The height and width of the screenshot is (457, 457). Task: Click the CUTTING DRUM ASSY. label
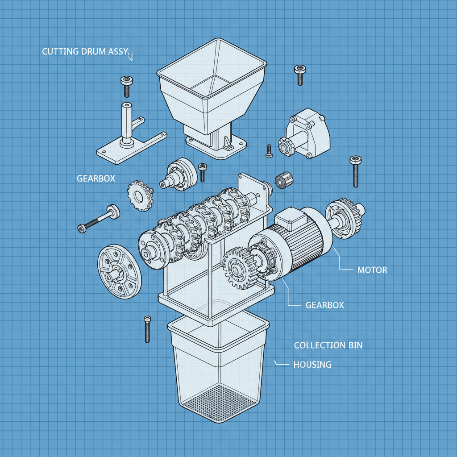[86, 52]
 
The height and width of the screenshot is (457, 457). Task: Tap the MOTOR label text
[372, 270]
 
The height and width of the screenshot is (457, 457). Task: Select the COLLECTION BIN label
[328, 345]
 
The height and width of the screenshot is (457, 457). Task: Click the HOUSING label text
[312, 365]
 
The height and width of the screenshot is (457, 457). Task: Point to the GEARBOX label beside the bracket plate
[96, 178]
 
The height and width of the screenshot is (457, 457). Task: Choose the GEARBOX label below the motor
[325, 305]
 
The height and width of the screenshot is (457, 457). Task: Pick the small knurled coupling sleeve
[283, 180]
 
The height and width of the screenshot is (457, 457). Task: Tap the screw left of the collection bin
[147, 329]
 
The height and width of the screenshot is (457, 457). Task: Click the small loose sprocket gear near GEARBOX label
[140, 195]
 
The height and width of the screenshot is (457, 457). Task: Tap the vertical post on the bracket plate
[127, 123]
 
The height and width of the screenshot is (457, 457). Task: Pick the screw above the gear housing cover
[299, 74]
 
